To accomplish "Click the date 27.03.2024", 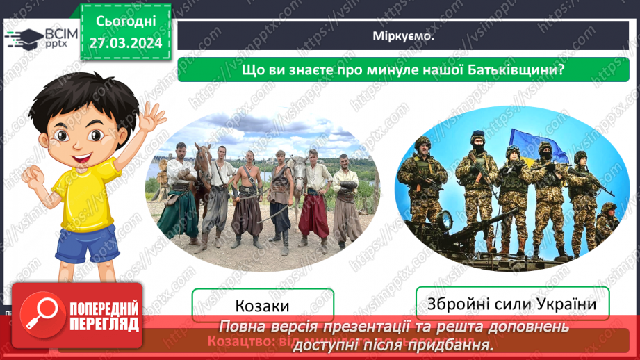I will click(x=125, y=43).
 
